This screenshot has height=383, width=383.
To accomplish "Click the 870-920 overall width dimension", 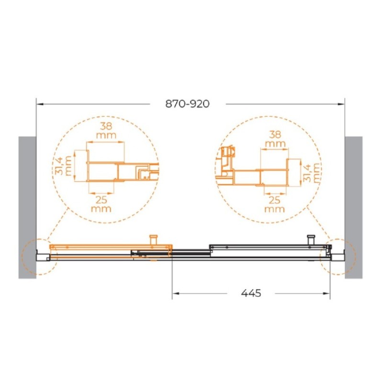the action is pyautogui.click(x=187, y=104).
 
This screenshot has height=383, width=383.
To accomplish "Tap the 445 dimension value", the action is pyautogui.click(x=251, y=293).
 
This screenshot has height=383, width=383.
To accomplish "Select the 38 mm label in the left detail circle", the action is pyautogui.click(x=106, y=130).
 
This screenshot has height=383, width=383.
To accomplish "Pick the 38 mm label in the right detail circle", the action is pyautogui.click(x=275, y=139).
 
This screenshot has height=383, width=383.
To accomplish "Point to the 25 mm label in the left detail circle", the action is pyautogui.click(x=101, y=204).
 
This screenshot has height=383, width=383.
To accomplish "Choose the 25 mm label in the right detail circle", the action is pyautogui.click(x=274, y=205).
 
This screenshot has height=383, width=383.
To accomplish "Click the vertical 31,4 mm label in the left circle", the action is pyautogui.click(x=63, y=166).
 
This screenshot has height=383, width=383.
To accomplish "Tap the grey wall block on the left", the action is pyautogui.click(x=27, y=207).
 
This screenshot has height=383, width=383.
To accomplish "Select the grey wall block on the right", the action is pyautogui.click(x=353, y=207).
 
